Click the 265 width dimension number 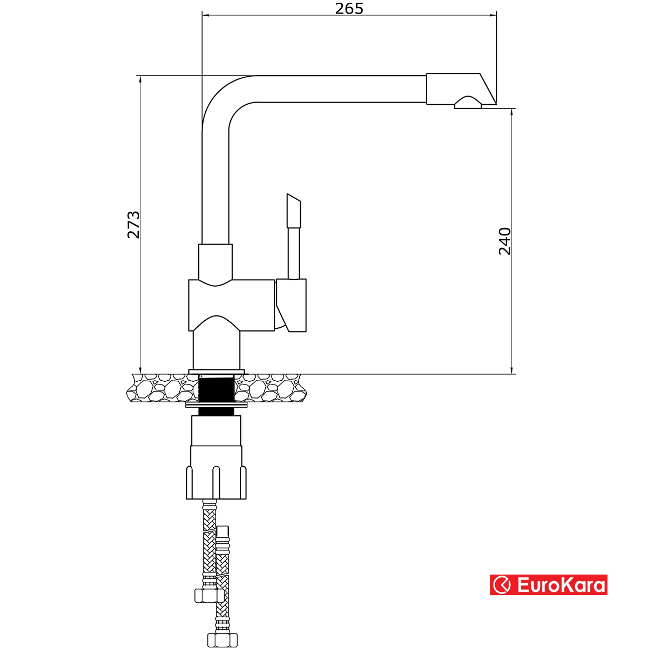coord(349,9)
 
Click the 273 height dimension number coord(133,225)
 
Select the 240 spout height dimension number coord(504,241)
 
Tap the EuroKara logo coord(548,585)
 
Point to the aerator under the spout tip coord(468,103)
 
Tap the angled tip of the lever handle coord(293,211)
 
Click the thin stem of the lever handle coord(294,253)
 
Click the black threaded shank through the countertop coord(216,389)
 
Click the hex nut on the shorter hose coord(209,595)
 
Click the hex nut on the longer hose coord(222,640)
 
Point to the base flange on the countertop coord(216,372)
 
